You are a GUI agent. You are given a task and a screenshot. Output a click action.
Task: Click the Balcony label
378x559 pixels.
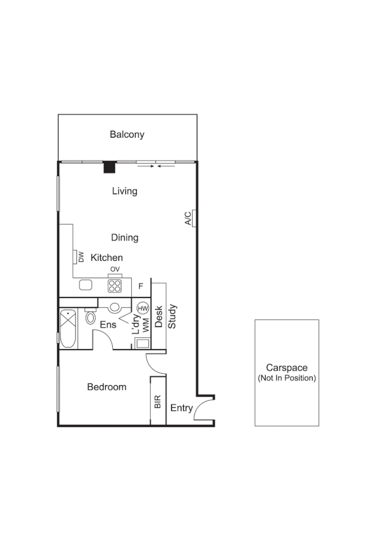pyautogui.click(x=127, y=135)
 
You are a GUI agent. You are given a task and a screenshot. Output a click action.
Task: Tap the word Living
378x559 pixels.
pyautogui.click(x=125, y=191)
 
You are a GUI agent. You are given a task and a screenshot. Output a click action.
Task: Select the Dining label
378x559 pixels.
pyautogui.click(x=124, y=237)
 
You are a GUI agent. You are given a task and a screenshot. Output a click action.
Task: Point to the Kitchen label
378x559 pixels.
pyautogui.click(x=106, y=258)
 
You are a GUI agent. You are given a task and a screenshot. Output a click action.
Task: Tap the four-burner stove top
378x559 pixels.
pyautogui.click(x=115, y=285)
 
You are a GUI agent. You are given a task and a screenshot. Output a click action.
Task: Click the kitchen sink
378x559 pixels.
pyautogui.click(x=86, y=284)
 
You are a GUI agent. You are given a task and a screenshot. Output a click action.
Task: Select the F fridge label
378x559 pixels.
pyautogui.click(x=141, y=286)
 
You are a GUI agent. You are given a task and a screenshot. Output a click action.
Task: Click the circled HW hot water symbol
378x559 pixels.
pyautogui.click(x=143, y=308)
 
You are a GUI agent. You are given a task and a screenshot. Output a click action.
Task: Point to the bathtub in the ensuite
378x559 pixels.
pyautogui.click(x=68, y=329)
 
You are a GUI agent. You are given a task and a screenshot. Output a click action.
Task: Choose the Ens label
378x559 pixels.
pyautogui.click(x=108, y=325)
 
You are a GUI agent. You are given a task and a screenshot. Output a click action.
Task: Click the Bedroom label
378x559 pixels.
pyautogui.click(x=106, y=387)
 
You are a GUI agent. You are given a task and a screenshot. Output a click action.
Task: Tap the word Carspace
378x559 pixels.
pyautogui.click(x=287, y=367)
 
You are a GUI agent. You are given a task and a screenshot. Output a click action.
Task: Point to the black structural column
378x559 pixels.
pyautogui.click(x=109, y=167)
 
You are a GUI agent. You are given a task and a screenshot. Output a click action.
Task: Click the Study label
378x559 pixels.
pyautogui.click(x=172, y=317)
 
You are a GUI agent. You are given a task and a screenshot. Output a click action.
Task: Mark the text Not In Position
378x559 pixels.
pyautogui.click(x=287, y=378)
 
